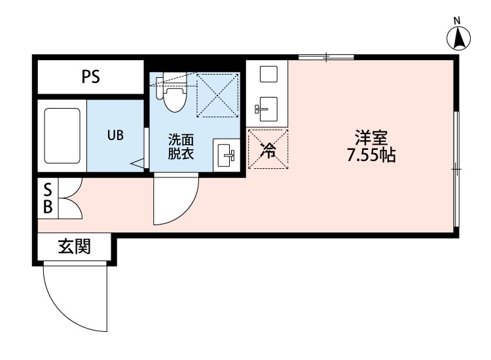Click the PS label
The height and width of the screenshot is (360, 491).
[90, 77]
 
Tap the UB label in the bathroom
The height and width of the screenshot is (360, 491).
[115, 135]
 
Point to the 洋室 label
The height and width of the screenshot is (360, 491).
[372, 138]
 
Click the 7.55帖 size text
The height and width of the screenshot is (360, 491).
[372, 156]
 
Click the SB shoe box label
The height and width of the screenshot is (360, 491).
[48, 198]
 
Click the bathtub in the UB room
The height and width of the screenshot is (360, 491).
[62, 137]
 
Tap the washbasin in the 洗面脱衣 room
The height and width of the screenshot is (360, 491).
[227, 155]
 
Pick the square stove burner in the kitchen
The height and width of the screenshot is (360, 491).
[268, 74]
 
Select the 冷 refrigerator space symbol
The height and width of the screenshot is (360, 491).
[268, 149]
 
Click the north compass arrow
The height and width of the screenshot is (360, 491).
[461, 40]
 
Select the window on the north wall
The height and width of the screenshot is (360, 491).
[326, 58]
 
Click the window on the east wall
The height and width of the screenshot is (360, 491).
[457, 168]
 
